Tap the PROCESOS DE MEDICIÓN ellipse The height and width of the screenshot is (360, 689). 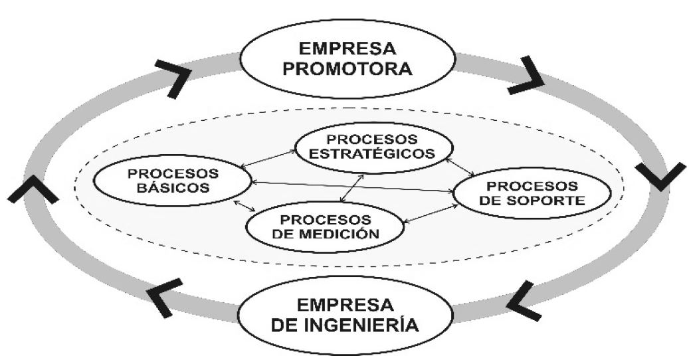326,226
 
